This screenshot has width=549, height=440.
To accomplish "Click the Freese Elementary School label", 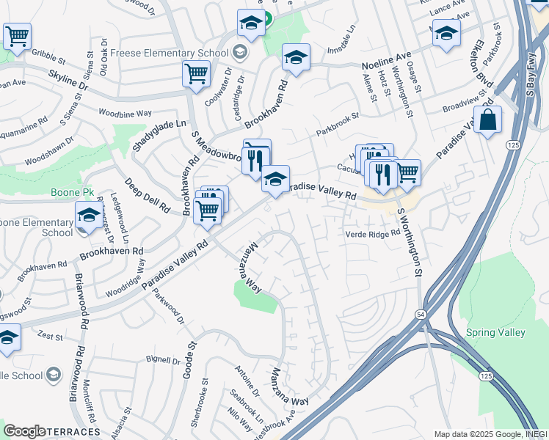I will [175, 52].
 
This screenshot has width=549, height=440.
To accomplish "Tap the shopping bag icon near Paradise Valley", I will [487, 120].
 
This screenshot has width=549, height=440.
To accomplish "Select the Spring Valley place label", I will [495, 332].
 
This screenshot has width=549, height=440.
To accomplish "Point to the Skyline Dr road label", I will [68, 81].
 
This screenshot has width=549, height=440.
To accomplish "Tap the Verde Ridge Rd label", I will [373, 233].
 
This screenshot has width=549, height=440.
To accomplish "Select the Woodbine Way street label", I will [124, 114].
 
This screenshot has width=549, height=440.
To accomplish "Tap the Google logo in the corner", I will [24, 431].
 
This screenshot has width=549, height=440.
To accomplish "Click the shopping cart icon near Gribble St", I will [17, 35].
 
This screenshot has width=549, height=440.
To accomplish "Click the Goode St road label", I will [190, 359].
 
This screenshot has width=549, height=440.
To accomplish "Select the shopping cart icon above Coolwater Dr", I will [196, 73].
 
